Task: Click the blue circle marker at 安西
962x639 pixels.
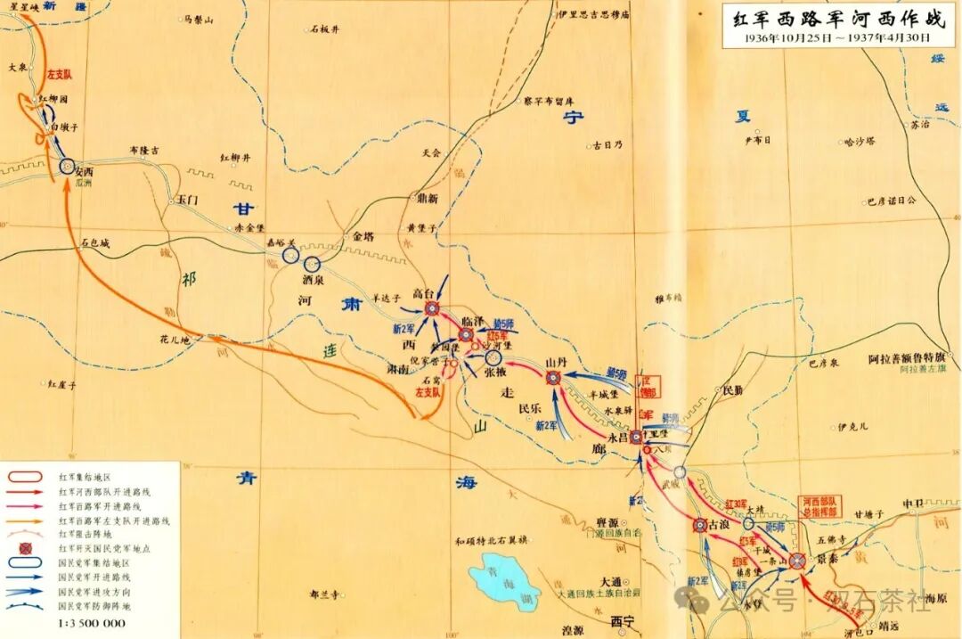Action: point(66,166)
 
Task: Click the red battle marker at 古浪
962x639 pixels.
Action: point(700,526)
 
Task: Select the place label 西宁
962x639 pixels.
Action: point(621,621)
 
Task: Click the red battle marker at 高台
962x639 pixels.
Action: point(432,308)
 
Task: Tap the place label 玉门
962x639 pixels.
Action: point(185,200)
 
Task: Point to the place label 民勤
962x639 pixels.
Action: point(731,390)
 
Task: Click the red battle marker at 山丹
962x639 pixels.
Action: point(553,378)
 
